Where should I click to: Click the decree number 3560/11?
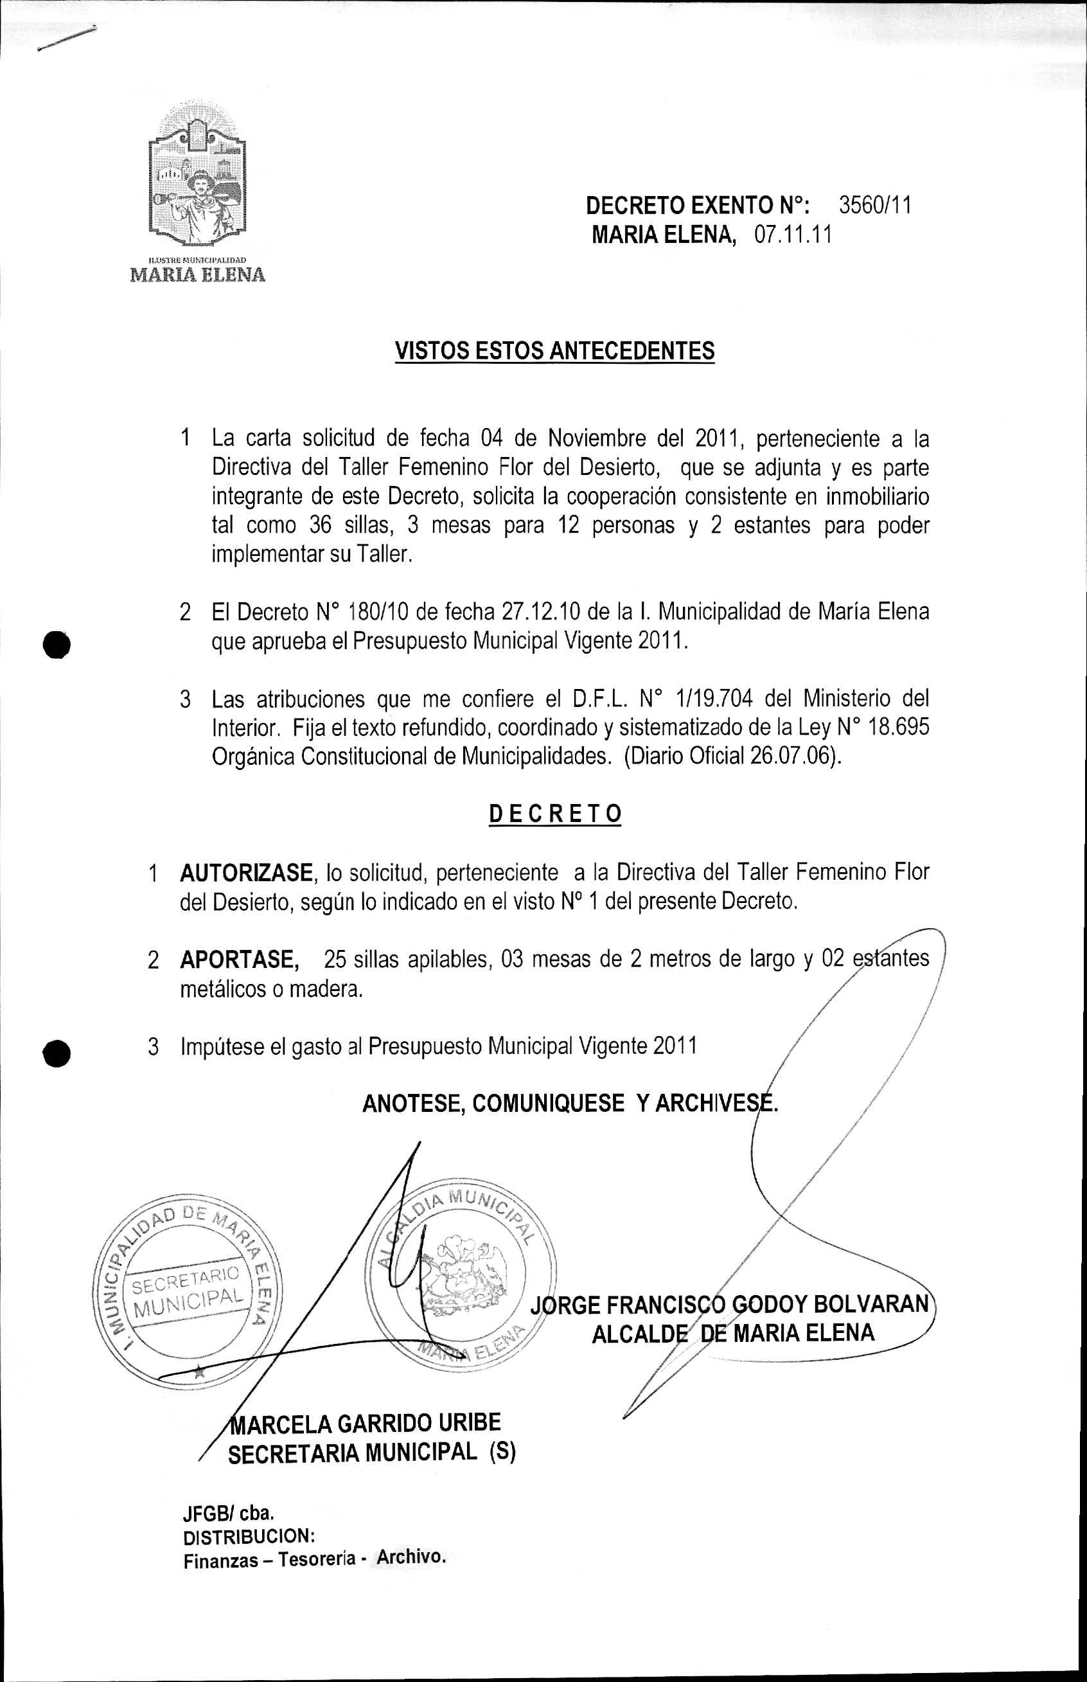pyautogui.click(x=874, y=206)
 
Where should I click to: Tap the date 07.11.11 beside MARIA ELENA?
pyautogui.click(x=793, y=235)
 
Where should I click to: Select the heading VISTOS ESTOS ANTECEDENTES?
pyautogui.click(x=554, y=351)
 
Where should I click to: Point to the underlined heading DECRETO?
pyautogui.click(x=555, y=814)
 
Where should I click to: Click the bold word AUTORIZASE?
pyautogui.click(x=245, y=873)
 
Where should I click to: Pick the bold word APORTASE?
pyautogui.click(x=239, y=960)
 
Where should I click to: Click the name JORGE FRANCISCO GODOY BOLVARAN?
pyautogui.click(x=729, y=1303)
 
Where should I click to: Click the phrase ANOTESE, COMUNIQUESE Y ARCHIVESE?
pyautogui.click(x=569, y=1103)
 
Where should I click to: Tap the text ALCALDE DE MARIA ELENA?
pyautogui.click(x=732, y=1334)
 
